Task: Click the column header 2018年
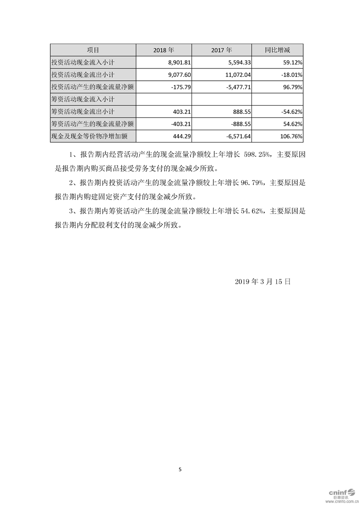click(164, 50)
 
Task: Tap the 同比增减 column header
click(277, 50)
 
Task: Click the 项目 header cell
click(93, 50)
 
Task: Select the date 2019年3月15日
click(262, 281)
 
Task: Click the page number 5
click(180, 470)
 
